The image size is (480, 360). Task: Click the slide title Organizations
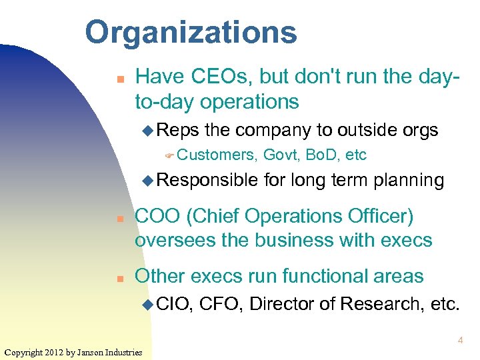tap(191, 32)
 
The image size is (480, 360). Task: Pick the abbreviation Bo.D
tap(323, 155)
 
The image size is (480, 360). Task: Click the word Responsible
tap(207, 180)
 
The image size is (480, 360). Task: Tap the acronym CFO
tap(221, 305)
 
